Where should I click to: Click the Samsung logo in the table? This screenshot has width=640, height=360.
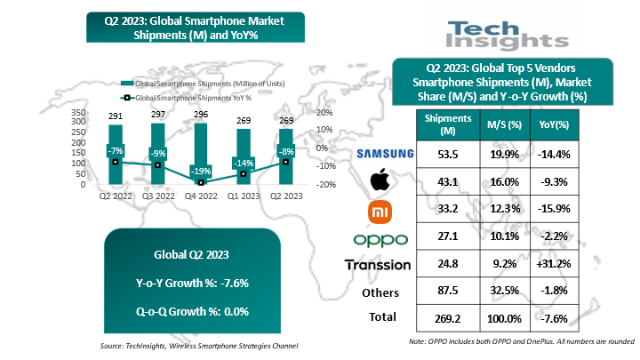click(385, 154)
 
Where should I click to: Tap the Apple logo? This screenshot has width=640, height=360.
click(380, 181)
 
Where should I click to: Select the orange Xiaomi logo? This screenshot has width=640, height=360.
click(380, 211)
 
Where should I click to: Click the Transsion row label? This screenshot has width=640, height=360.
click(377, 264)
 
